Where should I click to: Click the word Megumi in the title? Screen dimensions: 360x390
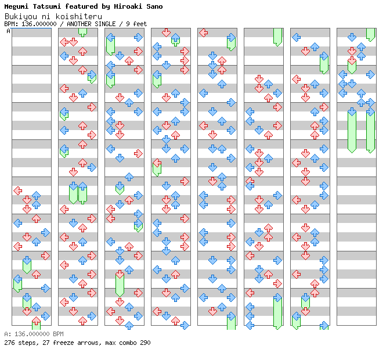(x=16, y=6)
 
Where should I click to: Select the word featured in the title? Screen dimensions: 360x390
(x=81, y=6)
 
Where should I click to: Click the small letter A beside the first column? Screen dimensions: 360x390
(x=8, y=31)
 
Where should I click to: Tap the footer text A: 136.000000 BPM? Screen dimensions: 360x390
(x=34, y=334)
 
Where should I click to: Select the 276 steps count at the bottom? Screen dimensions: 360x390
(x=19, y=343)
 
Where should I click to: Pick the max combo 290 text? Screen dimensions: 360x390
(x=127, y=343)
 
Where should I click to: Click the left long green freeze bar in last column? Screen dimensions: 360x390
(x=352, y=130)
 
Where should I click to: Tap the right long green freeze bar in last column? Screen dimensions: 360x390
(x=370, y=130)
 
